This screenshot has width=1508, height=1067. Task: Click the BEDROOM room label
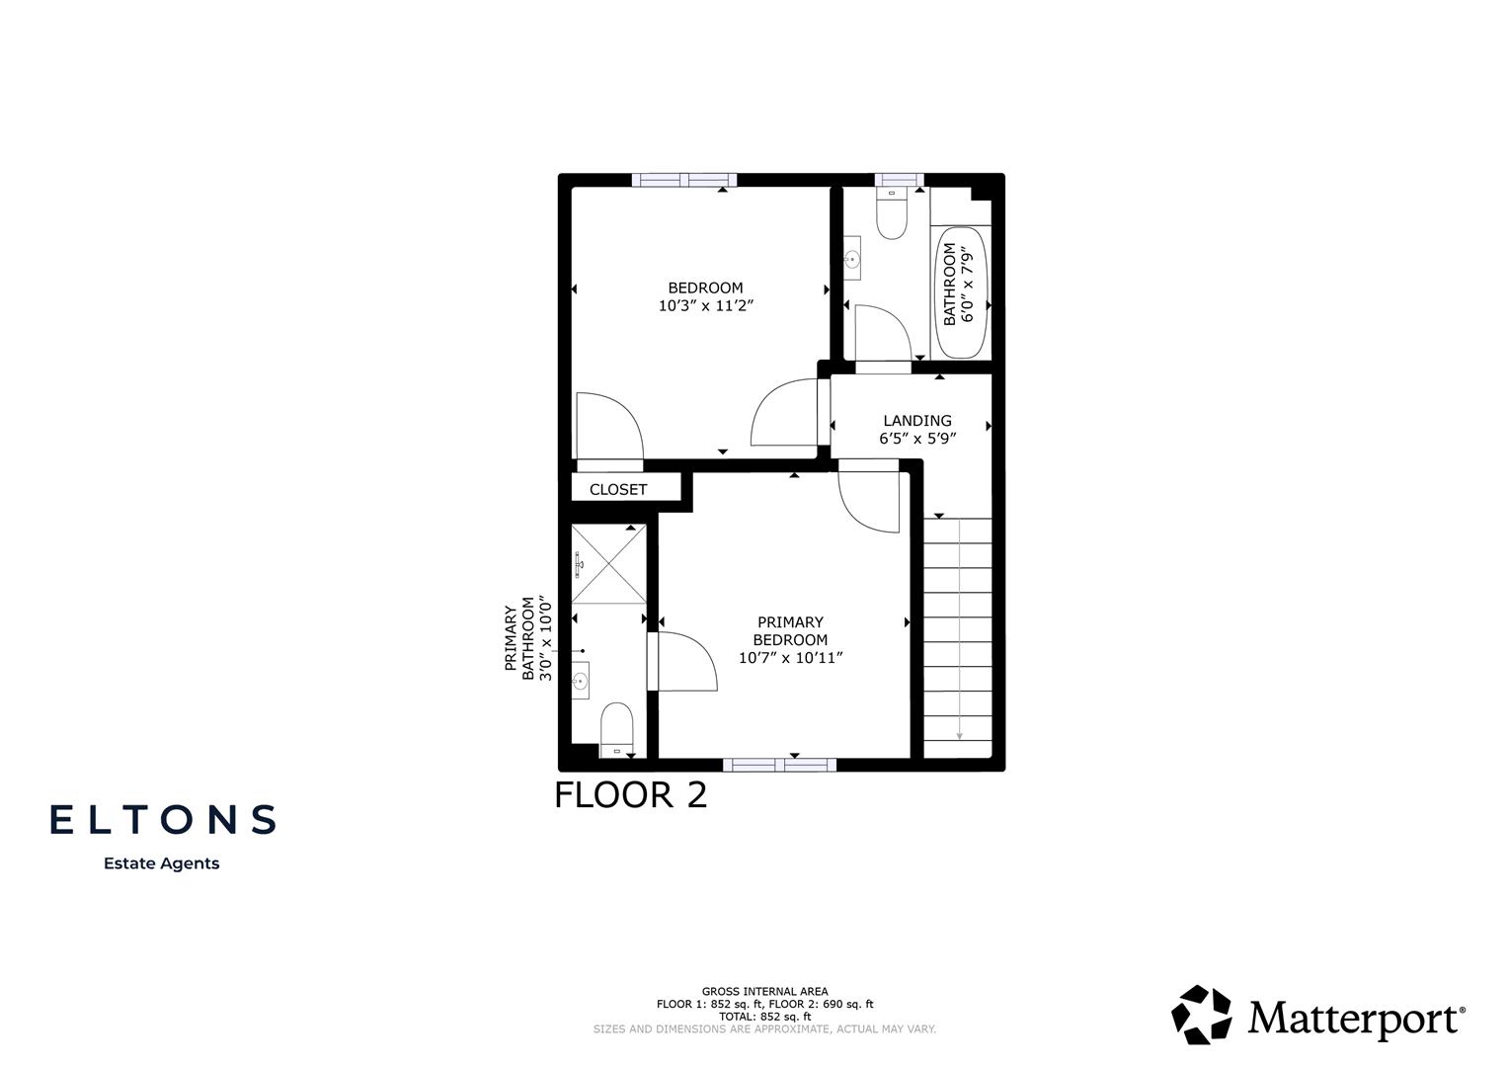coord(705,287)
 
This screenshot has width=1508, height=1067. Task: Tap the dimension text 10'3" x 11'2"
coord(705,306)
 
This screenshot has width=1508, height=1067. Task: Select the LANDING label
coord(917,421)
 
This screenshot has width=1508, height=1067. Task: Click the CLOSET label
coord(618,489)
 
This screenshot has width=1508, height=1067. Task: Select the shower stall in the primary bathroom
coord(608,564)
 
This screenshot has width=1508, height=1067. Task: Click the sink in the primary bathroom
coord(581,680)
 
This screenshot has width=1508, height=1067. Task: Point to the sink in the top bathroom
coord(852,260)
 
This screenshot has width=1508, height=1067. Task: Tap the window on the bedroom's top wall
coord(684,180)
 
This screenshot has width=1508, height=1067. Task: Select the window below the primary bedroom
coord(779,765)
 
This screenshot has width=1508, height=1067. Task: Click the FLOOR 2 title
coord(630,795)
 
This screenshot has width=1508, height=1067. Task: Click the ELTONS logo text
coord(163,819)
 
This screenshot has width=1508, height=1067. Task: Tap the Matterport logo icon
coord(1202,1015)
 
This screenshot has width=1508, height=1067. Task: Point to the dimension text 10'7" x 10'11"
coord(790,658)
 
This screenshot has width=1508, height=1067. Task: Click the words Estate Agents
coord(162,863)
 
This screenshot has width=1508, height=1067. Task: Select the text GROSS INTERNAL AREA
coord(764,991)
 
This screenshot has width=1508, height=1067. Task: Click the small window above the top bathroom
coord(899,180)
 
